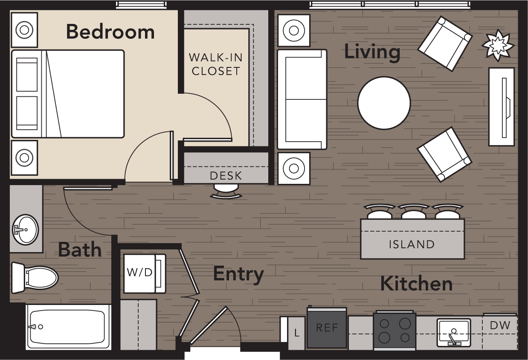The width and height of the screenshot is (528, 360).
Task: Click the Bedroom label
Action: point(110,32)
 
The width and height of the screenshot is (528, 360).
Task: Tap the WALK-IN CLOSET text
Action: point(216,64)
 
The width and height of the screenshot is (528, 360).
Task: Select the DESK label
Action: point(226,175)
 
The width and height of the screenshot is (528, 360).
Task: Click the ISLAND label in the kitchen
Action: point(412,244)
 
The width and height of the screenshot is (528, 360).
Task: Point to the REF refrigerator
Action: point(327,328)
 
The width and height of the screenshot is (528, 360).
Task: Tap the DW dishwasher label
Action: point(500,325)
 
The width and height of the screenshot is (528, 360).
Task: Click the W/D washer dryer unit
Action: point(140,273)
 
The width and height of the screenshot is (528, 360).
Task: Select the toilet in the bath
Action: point(36,278)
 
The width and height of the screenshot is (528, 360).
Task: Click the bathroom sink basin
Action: point(25,229)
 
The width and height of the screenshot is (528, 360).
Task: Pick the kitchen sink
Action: point(454,332)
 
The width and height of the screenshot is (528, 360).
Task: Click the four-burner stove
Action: point(394,331)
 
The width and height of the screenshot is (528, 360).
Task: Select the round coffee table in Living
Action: point(384,103)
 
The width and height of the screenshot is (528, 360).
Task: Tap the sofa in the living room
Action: point(302,99)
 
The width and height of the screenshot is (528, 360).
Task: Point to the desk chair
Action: point(226,192)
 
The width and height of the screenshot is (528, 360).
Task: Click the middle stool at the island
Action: point(413,212)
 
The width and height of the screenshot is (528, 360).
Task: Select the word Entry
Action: point(238,274)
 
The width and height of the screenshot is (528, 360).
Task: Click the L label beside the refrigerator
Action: point(297,333)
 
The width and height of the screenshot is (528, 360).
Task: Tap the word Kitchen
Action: point(416,284)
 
